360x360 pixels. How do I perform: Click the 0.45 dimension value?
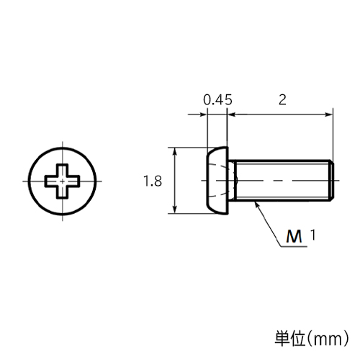point(218,99)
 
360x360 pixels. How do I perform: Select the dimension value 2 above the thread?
point(282,99)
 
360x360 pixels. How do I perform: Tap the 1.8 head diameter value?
point(153,181)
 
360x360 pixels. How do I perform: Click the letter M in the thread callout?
point(294,236)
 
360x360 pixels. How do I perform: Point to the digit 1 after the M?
point(312,235)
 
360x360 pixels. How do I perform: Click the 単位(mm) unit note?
point(312,338)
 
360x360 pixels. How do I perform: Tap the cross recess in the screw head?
point(63,181)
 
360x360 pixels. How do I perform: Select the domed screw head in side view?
point(217,180)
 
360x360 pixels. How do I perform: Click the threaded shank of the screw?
point(280,180)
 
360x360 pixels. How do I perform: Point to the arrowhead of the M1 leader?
point(257,204)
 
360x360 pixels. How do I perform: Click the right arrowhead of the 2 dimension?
point(328,114)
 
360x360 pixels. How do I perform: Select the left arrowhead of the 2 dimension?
point(231,114)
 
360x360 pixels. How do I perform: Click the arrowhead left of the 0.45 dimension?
point(203,114)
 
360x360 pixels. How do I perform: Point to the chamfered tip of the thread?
point(332,180)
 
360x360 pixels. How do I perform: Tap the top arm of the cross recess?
point(63,171)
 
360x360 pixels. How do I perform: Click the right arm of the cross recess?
point(73,181)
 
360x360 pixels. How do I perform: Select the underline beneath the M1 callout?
point(294,246)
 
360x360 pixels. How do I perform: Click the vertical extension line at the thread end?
point(333,134)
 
